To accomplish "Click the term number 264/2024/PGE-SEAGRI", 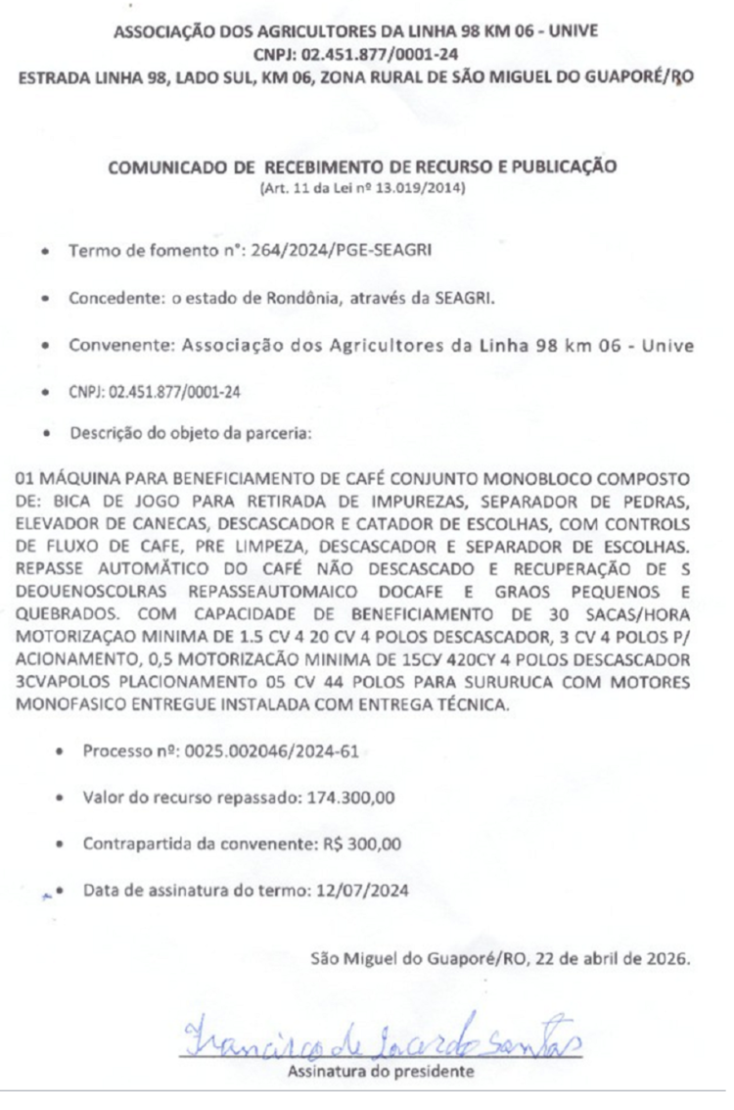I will tap(356, 252).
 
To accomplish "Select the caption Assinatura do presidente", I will tap(380, 1071).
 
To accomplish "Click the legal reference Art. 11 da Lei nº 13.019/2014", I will tap(362, 187).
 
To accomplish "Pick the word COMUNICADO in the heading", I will tap(167, 167).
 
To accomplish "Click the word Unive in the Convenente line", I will tap(670, 345).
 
